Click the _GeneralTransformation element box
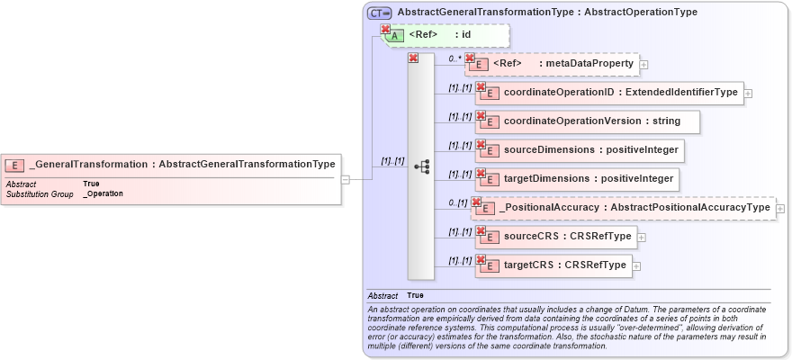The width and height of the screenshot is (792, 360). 171,165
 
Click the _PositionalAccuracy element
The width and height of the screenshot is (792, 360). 626,208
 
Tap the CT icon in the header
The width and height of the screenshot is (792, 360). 379,13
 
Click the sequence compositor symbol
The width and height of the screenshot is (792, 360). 421,166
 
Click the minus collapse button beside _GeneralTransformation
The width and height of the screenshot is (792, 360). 346,179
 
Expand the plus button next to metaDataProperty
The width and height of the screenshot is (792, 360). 644,65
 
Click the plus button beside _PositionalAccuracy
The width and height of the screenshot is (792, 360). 780,209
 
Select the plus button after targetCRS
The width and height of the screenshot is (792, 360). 635,265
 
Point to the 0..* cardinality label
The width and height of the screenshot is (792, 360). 454,58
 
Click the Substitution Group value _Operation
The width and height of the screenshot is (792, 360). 103,193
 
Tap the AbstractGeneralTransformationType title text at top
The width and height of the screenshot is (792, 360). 547,13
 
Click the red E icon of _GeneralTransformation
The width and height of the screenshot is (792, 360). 14,165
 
